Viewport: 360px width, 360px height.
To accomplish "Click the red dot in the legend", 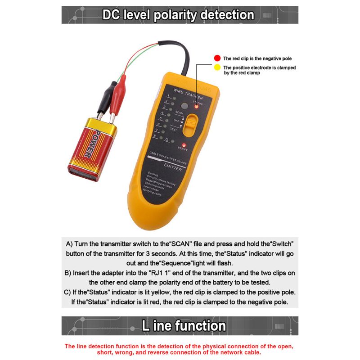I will coord(217,58).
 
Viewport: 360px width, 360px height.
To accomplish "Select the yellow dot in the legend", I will coord(217,67).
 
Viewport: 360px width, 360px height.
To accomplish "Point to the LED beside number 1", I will coord(174,98).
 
